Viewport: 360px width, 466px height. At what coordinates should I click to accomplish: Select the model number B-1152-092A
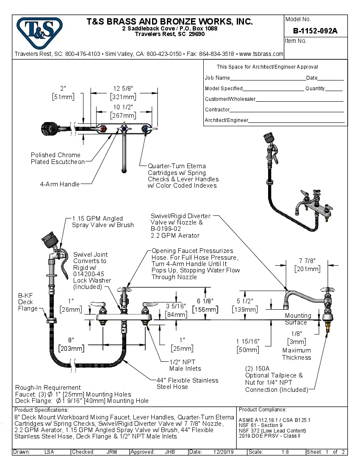point(315,31)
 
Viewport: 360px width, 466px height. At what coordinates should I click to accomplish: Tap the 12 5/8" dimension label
point(123,88)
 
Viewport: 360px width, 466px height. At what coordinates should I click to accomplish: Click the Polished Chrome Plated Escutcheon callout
point(55,158)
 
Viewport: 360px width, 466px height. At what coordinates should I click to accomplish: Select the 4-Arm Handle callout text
point(59,184)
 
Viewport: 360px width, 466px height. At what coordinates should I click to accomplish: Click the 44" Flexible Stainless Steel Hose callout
point(187,383)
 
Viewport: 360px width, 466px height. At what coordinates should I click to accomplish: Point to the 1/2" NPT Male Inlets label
point(185,365)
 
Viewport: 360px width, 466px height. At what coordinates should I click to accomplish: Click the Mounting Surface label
point(298,319)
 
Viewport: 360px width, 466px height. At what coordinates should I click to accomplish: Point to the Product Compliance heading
point(263,410)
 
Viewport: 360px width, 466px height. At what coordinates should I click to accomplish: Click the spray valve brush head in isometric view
point(268,137)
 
